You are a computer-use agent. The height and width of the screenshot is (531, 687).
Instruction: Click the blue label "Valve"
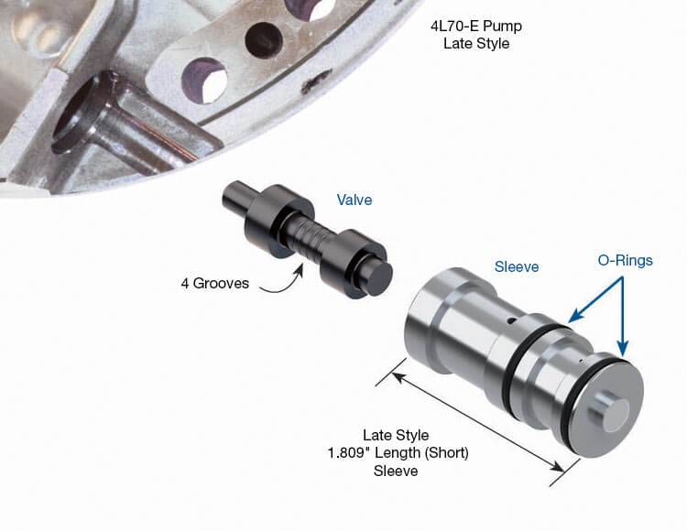click(354, 200)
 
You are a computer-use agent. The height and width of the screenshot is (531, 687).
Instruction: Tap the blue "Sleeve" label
click(517, 267)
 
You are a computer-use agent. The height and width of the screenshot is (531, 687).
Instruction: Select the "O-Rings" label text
click(626, 261)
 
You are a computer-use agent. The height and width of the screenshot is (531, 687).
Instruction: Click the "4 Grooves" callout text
click(214, 283)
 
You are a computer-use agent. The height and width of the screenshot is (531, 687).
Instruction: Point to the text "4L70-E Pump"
click(476, 27)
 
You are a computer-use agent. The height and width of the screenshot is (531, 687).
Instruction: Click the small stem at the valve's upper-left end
click(237, 196)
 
